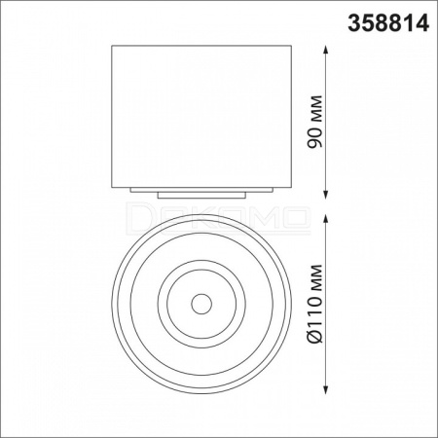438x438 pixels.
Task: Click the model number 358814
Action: coord(388,23)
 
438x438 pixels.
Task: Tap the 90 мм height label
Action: coord(315,122)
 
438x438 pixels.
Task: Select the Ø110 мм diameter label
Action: coord(315,304)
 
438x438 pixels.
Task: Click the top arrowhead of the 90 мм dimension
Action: coord(326,50)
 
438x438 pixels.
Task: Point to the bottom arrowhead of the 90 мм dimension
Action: coord(326,194)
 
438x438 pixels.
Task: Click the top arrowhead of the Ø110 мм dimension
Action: coord(326,219)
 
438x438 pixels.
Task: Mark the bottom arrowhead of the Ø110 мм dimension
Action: coord(326,389)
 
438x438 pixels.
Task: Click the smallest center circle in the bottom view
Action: coord(201,294)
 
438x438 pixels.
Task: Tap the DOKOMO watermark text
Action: coord(218,218)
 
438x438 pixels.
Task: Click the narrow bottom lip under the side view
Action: coord(201,196)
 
